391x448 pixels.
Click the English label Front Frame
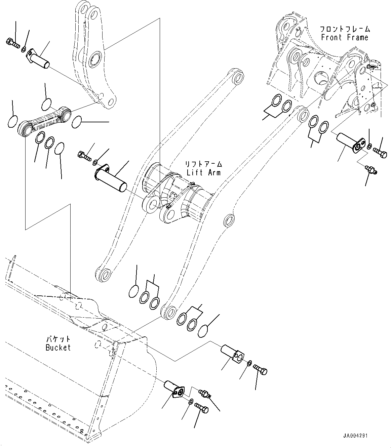(x=344, y=37)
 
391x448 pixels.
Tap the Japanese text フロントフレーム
(x=344, y=29)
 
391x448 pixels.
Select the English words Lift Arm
(x=204, y=172)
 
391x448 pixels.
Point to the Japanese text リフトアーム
(x=204, y=164)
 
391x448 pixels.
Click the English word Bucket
(x=58, y=348)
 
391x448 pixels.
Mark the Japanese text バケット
(x=58, y=339)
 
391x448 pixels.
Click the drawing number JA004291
(x=355, y=436)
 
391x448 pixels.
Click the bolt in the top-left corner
(x=12, y=43)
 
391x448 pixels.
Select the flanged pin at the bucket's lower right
(x=174, y=390)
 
